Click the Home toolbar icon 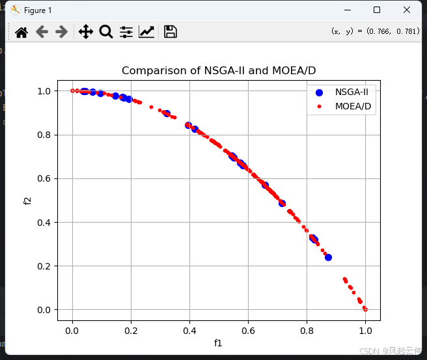coord(21,32)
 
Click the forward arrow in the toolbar coord(62,32)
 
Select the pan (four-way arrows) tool coord(85,32)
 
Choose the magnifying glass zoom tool coord(105,32)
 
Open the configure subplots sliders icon coord(126,32)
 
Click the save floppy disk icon coord(171,32)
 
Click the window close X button coord(406,10)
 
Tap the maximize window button coord(376,10)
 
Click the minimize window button coord(346,10)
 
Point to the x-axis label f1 coord(218,342)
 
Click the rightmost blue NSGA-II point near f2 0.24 coord(328,257)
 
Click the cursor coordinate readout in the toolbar coord(375,31)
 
